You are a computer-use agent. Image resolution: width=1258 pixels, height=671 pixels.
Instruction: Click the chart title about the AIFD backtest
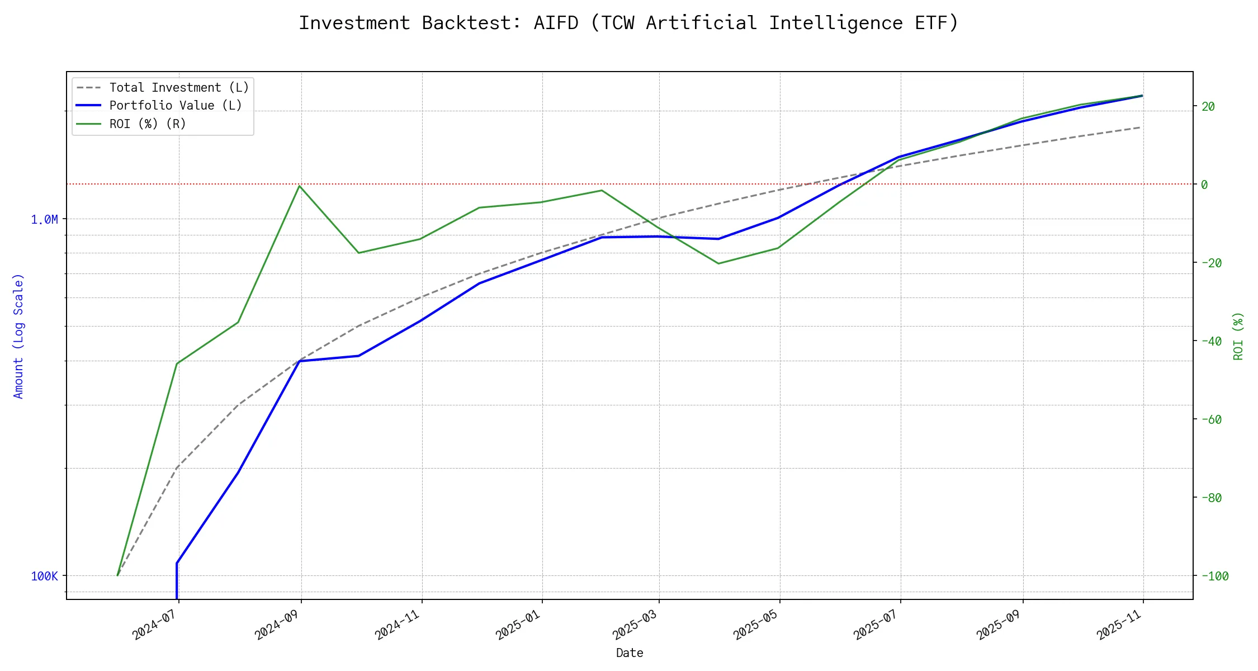[628, 23]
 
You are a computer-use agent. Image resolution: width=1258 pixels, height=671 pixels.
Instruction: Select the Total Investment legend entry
[179, 88]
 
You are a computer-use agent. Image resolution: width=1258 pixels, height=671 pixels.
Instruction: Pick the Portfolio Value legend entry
[176, 106]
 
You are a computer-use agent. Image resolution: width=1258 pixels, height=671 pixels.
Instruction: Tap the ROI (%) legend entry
[148, 124]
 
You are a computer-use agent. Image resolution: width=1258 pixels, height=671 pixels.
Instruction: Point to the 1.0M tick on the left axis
[45, 220]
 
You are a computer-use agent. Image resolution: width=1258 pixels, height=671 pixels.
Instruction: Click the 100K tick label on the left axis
[45, 577]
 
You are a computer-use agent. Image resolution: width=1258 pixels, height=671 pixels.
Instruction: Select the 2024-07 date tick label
[155, 624]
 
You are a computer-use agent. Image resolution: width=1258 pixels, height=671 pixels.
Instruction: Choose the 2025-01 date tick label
[518, 624]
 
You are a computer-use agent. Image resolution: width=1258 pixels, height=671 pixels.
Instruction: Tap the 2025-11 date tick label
[1119, 624]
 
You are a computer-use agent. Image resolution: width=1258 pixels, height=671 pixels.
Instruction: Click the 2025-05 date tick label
[756, 624]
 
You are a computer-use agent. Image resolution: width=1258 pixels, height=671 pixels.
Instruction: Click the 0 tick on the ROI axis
[1204, 185]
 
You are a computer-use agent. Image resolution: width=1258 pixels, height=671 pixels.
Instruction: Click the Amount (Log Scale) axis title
[19, 336]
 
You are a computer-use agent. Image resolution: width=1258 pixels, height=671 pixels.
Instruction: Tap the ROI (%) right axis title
[1238, 336]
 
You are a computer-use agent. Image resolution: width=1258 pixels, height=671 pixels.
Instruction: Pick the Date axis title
[630, 653]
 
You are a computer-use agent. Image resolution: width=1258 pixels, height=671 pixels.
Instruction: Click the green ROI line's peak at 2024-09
[300, 186]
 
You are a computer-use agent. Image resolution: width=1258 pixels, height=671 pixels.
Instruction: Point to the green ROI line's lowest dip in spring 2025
[718, 263]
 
